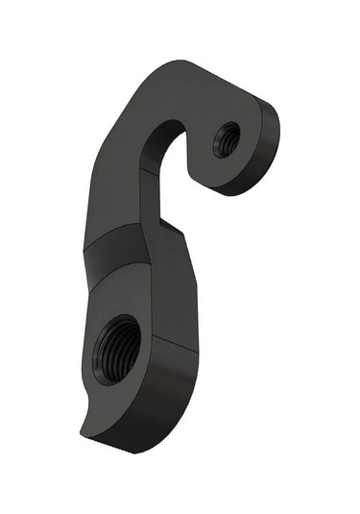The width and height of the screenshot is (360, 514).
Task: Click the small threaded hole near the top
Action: point(227,140)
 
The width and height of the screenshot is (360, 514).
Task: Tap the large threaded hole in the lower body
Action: point(117,348)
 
